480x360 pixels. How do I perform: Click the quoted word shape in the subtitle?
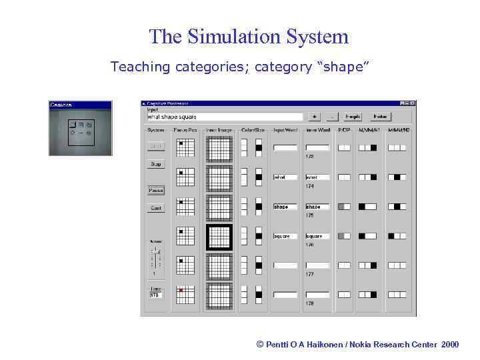(345, 67)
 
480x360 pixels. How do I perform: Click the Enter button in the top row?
(380, 117)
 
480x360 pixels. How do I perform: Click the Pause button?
(156, 190)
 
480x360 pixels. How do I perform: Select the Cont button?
(156, 208)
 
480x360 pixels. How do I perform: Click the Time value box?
(156, 295)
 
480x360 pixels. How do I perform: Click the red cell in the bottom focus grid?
(181, 291)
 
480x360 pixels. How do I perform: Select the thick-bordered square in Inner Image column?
(219, 236)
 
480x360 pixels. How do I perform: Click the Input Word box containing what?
(285, 177)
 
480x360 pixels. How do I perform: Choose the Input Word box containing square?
(285, 236)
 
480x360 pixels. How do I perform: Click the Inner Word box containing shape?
(317, 207)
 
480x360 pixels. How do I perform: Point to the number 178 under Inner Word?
(309, 303)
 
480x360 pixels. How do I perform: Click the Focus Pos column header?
(185, 130)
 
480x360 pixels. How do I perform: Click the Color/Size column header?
(253, 130)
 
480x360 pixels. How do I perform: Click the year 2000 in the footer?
(450, 345)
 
